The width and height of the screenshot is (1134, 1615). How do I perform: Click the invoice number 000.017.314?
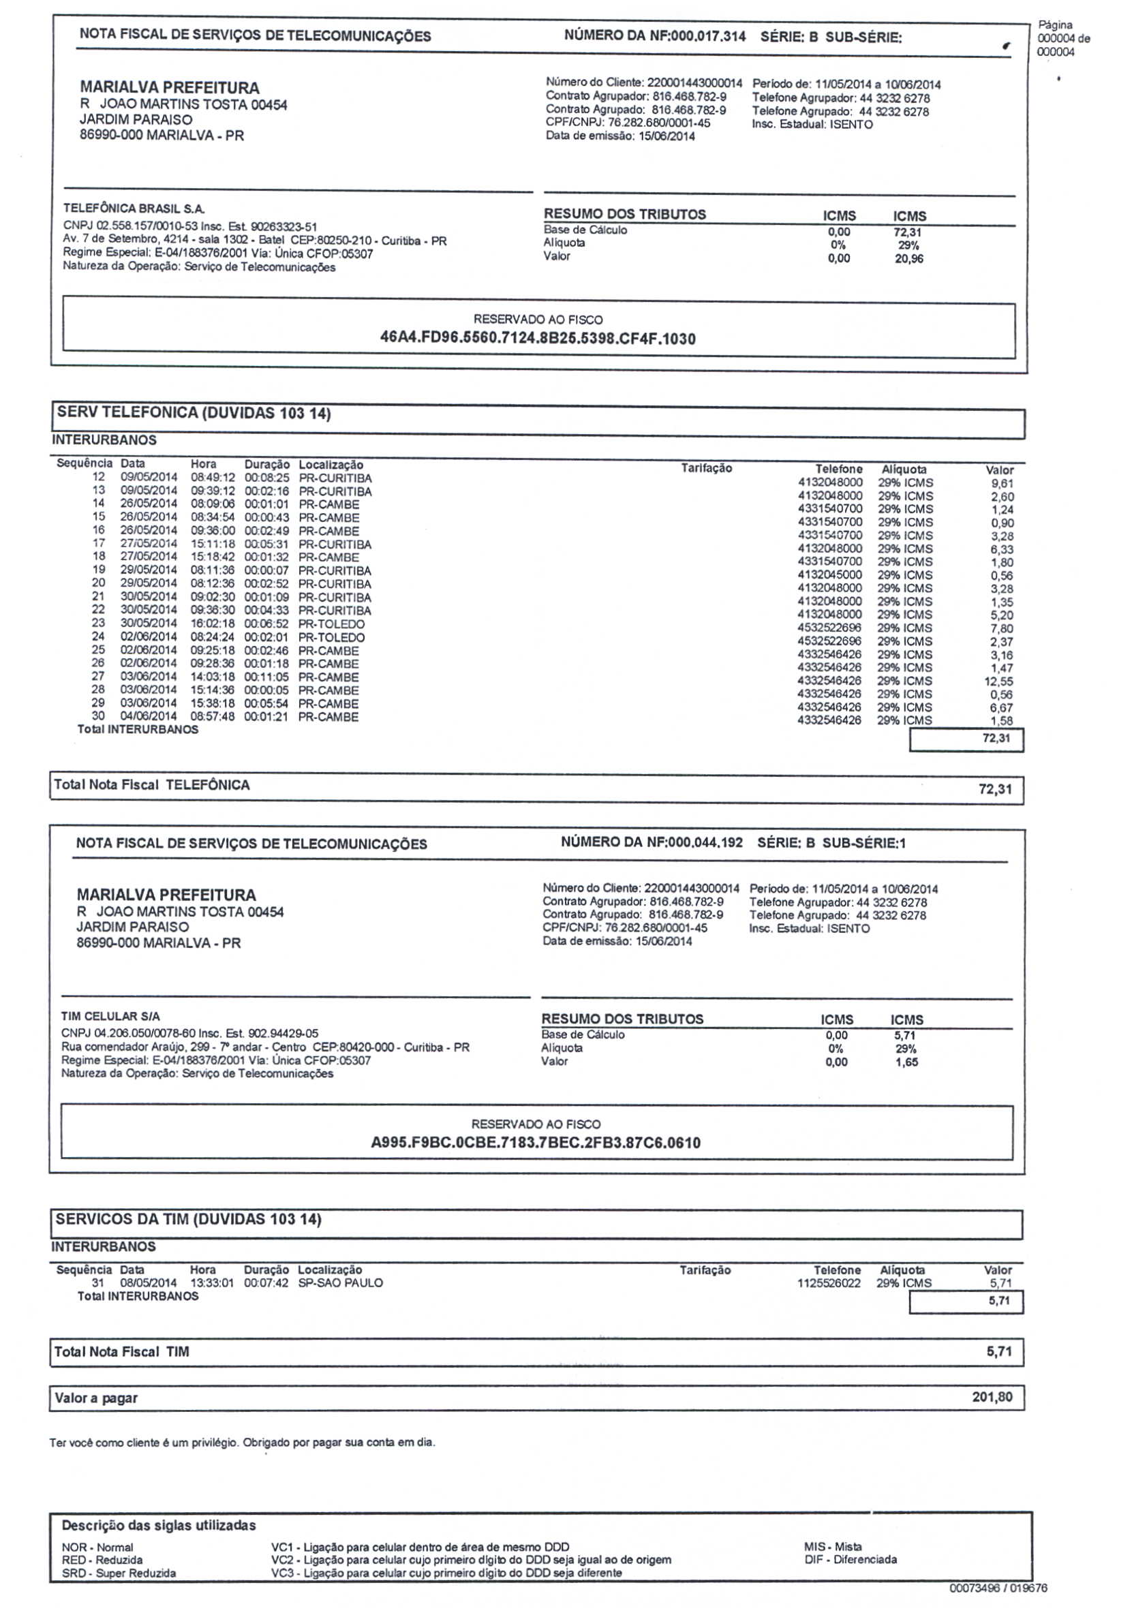tap(707, 37)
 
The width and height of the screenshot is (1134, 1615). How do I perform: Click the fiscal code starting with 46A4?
tap(538, 339)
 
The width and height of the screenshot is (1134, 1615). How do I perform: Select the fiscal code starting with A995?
tap(536, 1142)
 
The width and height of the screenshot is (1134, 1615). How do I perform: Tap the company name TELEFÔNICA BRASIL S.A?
tap(134, 209)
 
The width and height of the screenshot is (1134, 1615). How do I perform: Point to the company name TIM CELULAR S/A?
tap(110, 1016)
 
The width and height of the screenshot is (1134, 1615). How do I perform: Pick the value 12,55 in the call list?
tap(998, 681)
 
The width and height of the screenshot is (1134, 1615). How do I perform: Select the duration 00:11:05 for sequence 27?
tap(266, 677)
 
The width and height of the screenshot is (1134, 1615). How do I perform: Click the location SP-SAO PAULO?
tap(341, 1282)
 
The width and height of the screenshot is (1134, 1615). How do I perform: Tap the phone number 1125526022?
tap(829, 1283)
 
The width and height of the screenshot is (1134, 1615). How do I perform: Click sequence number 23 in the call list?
tap(99, 623)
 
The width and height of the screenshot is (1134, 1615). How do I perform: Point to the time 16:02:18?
tap(212, 624)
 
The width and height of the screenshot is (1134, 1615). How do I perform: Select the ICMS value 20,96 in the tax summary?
tap(909, 259)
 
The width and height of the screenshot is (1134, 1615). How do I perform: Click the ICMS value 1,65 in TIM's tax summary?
tap(906, 1062)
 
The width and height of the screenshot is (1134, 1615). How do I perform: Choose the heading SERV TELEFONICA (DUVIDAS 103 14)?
tap(194, 413)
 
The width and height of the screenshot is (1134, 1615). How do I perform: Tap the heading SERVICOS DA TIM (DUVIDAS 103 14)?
tap(189, 1219)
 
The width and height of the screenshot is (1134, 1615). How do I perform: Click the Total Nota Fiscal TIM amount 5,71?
tap(999, 1351)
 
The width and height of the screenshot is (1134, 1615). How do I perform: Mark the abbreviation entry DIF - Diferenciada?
tap(850, 1559)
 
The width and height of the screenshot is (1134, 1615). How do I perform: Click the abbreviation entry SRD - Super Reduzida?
tap(119, 1573)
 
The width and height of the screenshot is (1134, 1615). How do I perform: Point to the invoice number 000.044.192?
tap(705, 842)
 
